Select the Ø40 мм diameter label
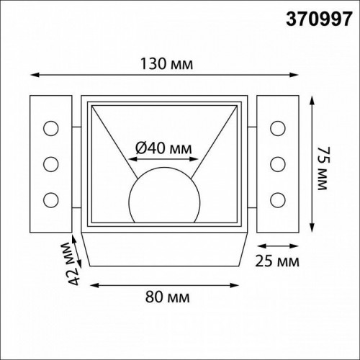(x=164, y=148)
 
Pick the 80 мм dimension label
(x=163, y=295)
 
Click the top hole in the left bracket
(x=50, y=129)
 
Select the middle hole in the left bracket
(x=50, y=163)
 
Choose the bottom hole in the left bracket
(x=50, y=197)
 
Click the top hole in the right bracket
(x=277, y=129)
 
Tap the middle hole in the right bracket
(x=277, y=163)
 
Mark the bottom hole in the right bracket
(x=277, y=197)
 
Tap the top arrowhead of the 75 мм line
(x=311, y=99)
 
